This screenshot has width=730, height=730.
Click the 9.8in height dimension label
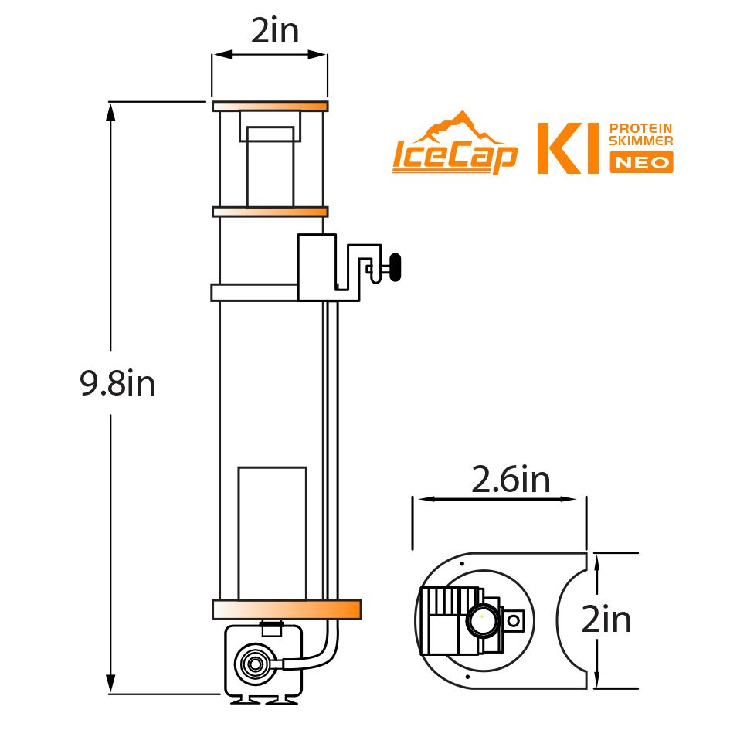[117, 383]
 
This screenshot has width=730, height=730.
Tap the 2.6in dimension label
[511, 480]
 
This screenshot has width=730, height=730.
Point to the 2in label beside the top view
[606, 620]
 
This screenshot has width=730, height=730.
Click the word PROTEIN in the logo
[641, 128]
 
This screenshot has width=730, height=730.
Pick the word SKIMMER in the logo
[641, 141]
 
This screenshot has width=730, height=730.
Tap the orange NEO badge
[641, 161]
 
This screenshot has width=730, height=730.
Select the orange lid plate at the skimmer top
[270, 106]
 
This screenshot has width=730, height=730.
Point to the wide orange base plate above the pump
[287, 609]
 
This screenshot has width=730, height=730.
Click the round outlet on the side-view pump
[253, 663]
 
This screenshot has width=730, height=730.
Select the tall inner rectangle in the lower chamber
[272, 532]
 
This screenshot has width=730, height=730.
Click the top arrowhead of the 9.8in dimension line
[111, 112]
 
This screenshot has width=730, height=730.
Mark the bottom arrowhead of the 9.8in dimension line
[111, 684]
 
